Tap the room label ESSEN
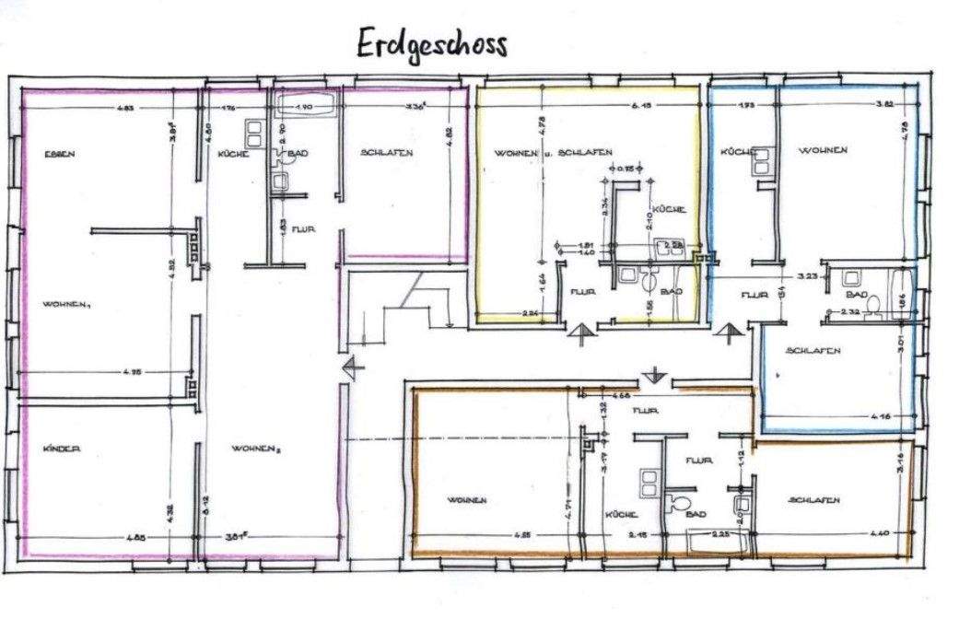[59, 154]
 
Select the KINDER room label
[62, 449]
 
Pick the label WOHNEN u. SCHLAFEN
[554, 152]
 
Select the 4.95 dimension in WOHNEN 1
[132, 372]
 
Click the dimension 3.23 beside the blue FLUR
[808, 275]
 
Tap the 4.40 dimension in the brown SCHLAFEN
[876, 534]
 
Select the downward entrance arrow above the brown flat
[653, 375]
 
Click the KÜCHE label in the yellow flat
[670, 210]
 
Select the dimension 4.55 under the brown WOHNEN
[522, 534]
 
